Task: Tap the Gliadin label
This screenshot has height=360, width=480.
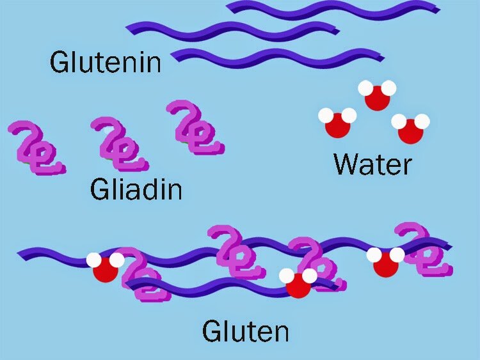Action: click(136, 189)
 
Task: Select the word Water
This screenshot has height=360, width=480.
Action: click(372, 164)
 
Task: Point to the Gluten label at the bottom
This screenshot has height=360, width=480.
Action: click(245, 331)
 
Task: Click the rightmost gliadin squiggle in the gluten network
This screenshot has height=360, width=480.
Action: click(424, 250)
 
